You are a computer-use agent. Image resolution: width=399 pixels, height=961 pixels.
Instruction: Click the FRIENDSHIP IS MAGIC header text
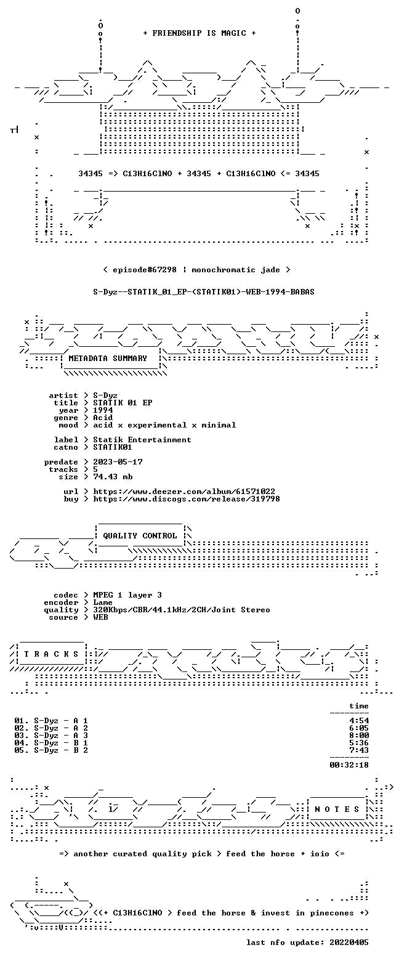tap(199, 33)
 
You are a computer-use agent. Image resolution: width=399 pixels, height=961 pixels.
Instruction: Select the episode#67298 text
tap(145, 270)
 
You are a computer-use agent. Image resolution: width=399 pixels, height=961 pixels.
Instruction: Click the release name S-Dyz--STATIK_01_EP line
tap(204, 292)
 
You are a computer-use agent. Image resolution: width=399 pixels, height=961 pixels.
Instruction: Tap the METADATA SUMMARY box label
tap(108, 359)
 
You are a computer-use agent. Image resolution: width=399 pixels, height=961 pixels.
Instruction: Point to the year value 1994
tap(103, 410)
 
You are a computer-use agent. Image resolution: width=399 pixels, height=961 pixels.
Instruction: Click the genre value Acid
tap(103, 418)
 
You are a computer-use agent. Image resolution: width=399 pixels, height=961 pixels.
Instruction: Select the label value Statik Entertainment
tap(142, 440)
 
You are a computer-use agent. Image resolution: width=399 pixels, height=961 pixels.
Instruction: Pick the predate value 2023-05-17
tap(118, 462)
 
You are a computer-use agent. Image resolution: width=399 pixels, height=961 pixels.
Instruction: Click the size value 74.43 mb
tap(113, 477)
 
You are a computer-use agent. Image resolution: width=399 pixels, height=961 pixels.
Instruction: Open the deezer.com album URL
tap(184, 492)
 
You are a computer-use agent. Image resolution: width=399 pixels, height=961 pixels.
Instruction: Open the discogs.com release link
tap(187, 499)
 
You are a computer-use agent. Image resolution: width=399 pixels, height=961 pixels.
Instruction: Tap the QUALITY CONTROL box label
tap(140, 536)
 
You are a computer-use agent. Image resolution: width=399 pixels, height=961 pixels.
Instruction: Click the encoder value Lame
tap(103, 602)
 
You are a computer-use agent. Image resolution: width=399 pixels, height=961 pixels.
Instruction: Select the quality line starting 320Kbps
tap(182, 610)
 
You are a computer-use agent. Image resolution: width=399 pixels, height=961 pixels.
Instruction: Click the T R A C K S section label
tap(52, 654)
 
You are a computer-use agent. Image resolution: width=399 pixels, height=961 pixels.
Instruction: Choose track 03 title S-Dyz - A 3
tap(61, 736)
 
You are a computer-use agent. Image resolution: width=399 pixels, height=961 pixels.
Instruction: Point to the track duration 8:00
tap(359, 736)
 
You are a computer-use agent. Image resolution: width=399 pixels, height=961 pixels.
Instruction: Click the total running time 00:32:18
tap(349, 765)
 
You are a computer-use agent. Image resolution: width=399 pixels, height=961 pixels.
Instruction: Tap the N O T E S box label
tap(337, 809)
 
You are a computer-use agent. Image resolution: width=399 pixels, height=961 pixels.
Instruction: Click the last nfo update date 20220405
tap(349, 943)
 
